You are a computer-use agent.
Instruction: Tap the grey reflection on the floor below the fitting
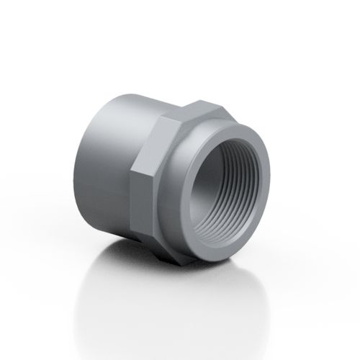click(x=180, y=288)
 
